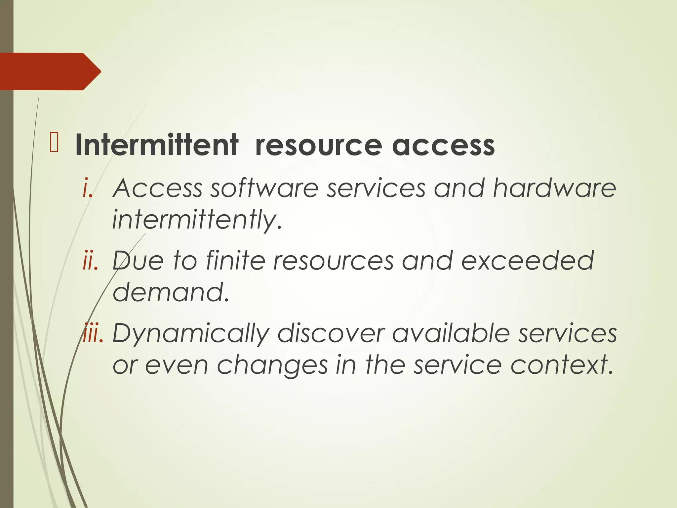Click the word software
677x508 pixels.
(x=264, y=188)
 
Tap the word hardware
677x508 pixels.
(x=554, y=188)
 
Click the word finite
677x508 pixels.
(x=235, y=261)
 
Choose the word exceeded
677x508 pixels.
(x=527, y=261)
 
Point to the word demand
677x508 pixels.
(x=171, y=292)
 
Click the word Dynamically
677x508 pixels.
(x=191, y=333)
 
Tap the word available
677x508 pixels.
(x=451, y=333)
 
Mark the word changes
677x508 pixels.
(x=272, y=365)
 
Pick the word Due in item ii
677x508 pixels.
(x=138, y=261)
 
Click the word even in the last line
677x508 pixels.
(x=177, y=365)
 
